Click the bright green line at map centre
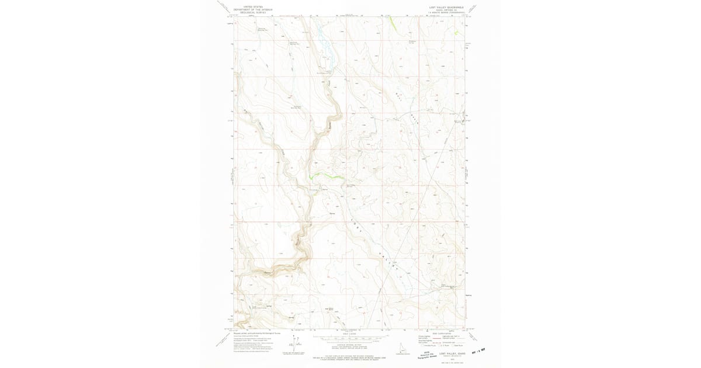click(325, 176)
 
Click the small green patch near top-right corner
click(457, 33)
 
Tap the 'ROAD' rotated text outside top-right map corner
click(473, 10)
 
